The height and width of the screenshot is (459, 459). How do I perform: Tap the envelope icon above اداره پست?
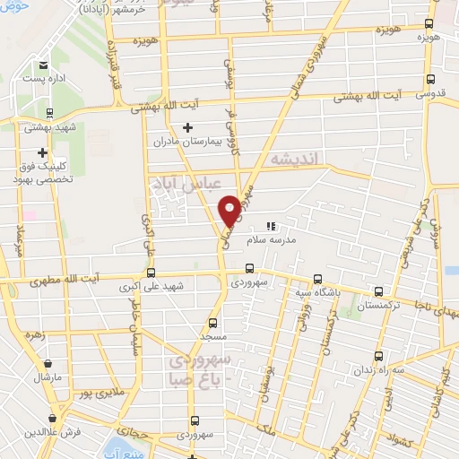click(44, 65)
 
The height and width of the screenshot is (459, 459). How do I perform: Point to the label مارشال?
click(45, 377)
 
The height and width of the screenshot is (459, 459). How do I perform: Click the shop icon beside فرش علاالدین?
click(54, 418)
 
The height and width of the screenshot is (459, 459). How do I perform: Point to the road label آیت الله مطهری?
click(39, 283)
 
